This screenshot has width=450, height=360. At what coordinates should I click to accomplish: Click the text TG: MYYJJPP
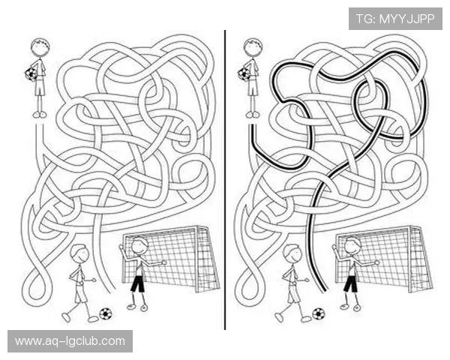point(395,19)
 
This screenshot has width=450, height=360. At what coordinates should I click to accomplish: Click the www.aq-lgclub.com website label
point(70,341)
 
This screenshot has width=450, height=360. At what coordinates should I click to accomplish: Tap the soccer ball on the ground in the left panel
point(106,313)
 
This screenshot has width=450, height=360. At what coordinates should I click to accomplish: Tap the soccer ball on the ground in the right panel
point(318,313)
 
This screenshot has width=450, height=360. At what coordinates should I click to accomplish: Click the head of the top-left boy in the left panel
point(40,46)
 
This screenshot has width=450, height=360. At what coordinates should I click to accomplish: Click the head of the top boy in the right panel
point(253,46)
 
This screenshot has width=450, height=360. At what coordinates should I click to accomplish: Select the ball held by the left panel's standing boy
point(31,73)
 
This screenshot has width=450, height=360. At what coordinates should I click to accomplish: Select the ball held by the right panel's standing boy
point(244,73)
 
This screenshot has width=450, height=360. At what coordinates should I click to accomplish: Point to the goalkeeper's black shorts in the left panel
point(138,283)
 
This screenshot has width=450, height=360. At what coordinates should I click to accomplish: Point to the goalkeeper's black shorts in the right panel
point(351,283)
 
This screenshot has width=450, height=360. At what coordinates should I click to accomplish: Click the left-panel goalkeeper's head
point(139,246)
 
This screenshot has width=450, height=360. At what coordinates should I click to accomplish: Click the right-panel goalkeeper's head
point(352,246)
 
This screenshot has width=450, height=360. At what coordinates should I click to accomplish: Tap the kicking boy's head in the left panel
point(79,253)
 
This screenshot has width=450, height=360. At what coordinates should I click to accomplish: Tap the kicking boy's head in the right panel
point(292,253)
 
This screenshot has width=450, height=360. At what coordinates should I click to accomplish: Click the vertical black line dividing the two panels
point(225,180)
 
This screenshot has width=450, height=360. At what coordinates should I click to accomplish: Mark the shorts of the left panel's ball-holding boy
point(40,88)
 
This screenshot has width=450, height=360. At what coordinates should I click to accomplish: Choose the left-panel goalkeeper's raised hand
point(121,247)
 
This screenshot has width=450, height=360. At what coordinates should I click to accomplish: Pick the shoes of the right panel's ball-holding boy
point(253,115)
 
